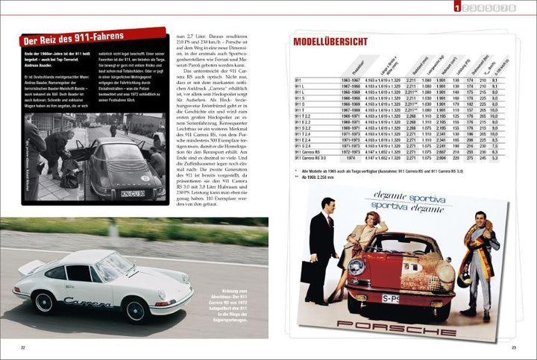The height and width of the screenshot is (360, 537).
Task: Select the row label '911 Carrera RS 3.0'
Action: [310, 158]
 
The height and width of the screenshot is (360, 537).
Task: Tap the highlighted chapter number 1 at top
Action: [456, 7]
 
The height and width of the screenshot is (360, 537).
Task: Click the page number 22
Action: [22, 347]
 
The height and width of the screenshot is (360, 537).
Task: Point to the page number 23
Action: [514, 347]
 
